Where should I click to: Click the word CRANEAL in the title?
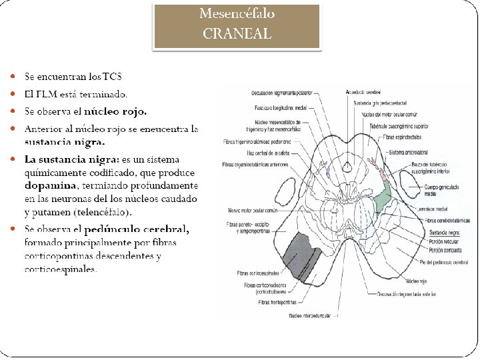pyautogui.click(x=237, y=33)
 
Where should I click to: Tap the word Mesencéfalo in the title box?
pyautogui.click(x=237, y=13)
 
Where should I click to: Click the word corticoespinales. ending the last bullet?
pyautogui.click(x=61, y=269)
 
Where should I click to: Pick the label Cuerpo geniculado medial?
pyautogui.click(x=442, y=192)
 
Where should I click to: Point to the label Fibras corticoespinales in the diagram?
pyautogui.click(x=259, y=273)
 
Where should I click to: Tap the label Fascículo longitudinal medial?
pyautogui.click(x=280, y=107)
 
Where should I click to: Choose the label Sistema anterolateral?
pyautogui.click(x=409, y=153)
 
